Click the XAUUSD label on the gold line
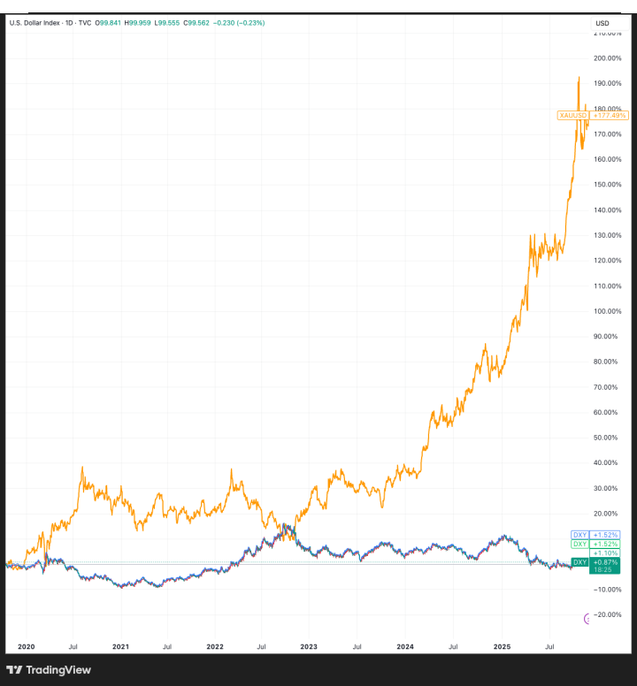572,115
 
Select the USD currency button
603,22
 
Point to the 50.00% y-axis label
605,438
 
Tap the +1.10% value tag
604,553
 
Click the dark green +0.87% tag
604,562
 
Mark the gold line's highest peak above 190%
579,77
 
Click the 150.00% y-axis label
605,185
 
